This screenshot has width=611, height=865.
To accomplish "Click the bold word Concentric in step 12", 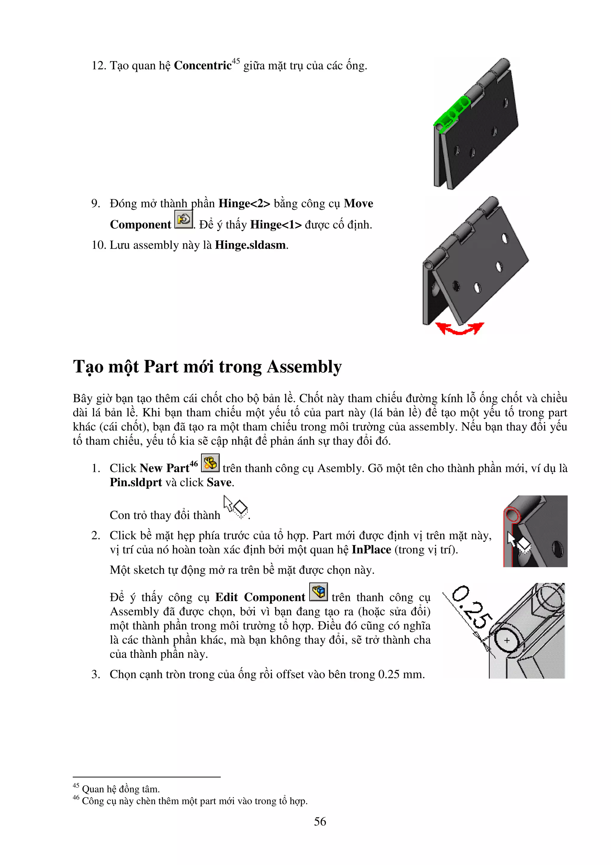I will point(203,66).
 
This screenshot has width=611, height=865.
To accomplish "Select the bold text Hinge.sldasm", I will point(250,245).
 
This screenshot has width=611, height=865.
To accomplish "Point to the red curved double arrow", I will point(459,329).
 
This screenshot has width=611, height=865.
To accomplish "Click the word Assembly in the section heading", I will point(304,367).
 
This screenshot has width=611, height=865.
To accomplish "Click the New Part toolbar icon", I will point(210,463).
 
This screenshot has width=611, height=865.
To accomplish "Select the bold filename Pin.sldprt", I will point(135,483).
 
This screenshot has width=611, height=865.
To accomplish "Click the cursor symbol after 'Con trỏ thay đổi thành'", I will point(236,507).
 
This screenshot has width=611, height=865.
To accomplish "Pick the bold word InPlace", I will point(371,550).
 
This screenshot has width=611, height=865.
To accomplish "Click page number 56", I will point(320,822).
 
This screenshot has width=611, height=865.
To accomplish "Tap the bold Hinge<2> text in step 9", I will point(244,204).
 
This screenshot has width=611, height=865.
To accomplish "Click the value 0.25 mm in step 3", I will point(401,674).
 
